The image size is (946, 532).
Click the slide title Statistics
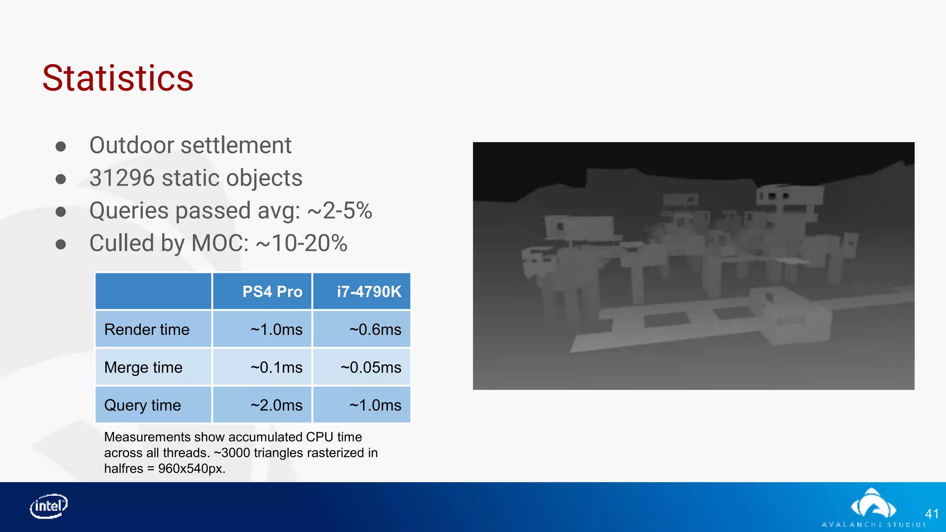coord(118,78)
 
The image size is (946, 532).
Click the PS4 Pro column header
coord(272,291)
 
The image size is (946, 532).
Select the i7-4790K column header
coord(369,291)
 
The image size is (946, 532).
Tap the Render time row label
coord(147,329)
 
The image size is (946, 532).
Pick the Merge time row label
coord(143,367)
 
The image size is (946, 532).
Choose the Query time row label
coord(142,405)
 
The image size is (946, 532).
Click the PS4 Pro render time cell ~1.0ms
coord(276,329)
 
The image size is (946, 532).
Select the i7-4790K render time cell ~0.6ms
coord(375,329)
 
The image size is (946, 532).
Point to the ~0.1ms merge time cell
coord(276,367)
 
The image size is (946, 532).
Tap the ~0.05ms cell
coord(371,367)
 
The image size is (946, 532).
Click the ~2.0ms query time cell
coord(276,405)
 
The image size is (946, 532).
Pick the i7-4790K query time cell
coord(375,405)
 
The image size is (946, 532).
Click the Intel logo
coord(49,506)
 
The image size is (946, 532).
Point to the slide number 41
coord(932,514)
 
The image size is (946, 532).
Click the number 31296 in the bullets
coord(121,178)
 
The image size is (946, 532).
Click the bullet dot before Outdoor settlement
coord(61,146)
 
